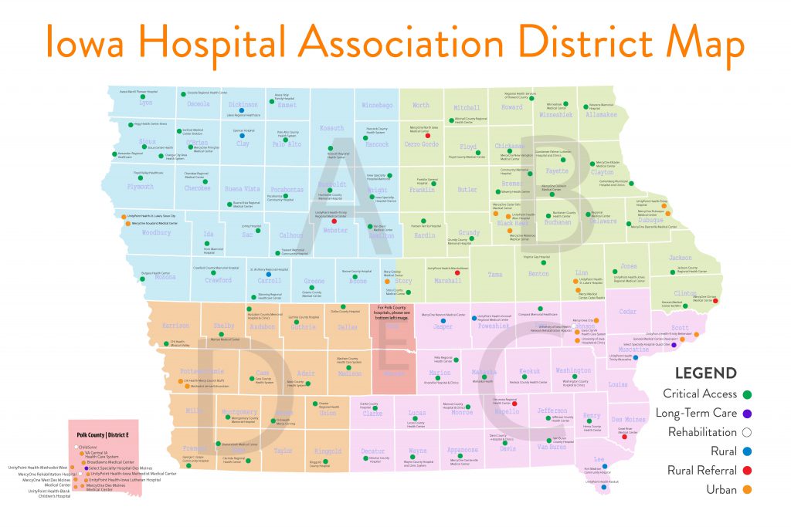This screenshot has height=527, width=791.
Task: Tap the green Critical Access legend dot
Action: pos(748,394)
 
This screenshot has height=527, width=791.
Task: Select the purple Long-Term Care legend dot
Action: pos(748,413)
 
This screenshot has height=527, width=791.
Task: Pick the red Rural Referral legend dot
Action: pos(748,470)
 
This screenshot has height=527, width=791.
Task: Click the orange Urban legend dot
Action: pos(748,489)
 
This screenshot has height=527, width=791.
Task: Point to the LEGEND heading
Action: pos(705,373)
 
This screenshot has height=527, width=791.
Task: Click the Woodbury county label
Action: pos(157,232)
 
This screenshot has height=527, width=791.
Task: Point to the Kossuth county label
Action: pos(331,127)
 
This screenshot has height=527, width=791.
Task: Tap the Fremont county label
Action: pos(193,448)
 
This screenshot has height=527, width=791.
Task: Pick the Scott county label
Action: pos(680,327)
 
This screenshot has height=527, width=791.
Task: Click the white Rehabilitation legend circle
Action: pos(748,432)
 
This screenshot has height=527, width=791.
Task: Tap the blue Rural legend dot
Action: pos(748,451)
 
